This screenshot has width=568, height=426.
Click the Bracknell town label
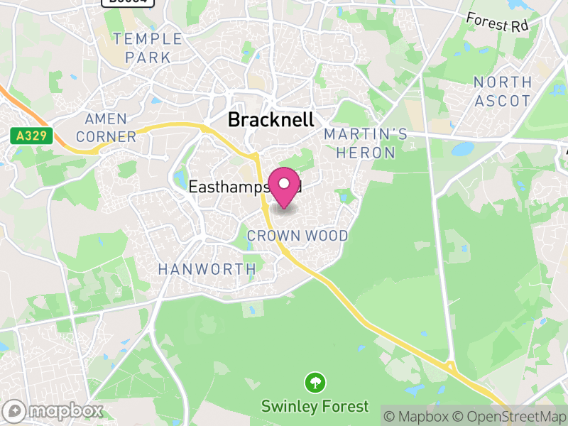tap(270, 120)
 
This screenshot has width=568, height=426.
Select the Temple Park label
tap(148, 48)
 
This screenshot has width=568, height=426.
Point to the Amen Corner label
tap(106, 128)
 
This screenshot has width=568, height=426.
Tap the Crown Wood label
tap(297, 236)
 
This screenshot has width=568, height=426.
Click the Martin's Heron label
tap(366, 143)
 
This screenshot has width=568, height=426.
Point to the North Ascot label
tap(502, 92)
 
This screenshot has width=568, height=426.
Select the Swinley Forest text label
tap(315, 407)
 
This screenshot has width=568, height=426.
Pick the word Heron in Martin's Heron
tap(366, 153)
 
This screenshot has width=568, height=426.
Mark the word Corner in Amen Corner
tap(106, 136)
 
